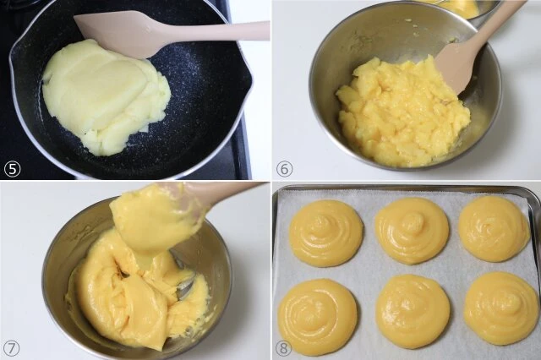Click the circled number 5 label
point(12,169)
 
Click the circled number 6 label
point(285,169)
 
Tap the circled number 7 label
point(12,349)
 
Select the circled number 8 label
point(284,349)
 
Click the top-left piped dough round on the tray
point(326,233)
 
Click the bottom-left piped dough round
point(318,312)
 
